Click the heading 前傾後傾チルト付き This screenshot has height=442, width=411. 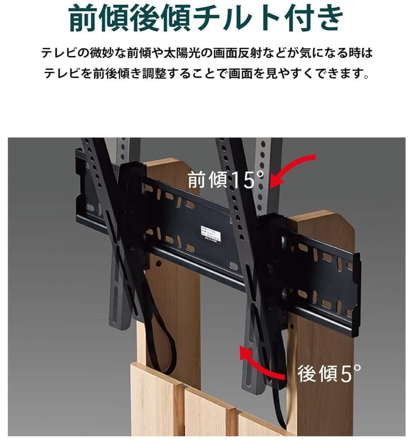point(205,18)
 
